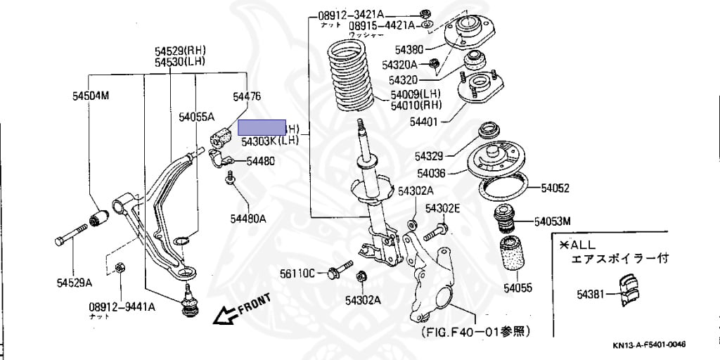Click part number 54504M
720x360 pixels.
pyautogui.click(x=91, y=95)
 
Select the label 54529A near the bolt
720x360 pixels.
pyautogui.click(x=75, y=283)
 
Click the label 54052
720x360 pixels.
pyautogui.click(x=554, y=188)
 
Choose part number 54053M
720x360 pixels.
pyautogui.click(x=552, y=221)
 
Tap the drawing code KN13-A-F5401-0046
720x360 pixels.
pyautogui.click(x=648, y=345)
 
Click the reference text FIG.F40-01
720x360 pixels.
pyautogui.click(x=475, y=330)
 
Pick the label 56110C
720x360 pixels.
pyautogui.click(x=298, y=273)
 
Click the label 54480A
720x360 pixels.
pyautogui.click(x=249, y=219)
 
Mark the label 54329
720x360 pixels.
pyautogui.click(x=429, y=156)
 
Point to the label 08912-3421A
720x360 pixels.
pyautogui.click(x=351, y=15)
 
